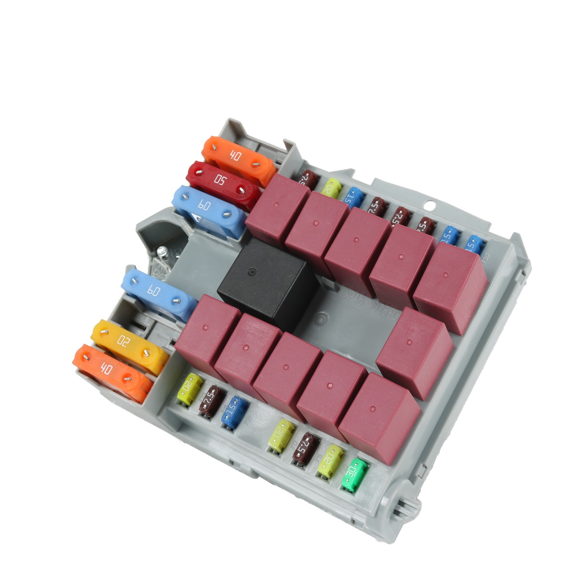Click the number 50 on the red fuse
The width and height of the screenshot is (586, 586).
[x=220, y=180]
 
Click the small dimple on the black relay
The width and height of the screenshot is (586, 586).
[x=251, y=272]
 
